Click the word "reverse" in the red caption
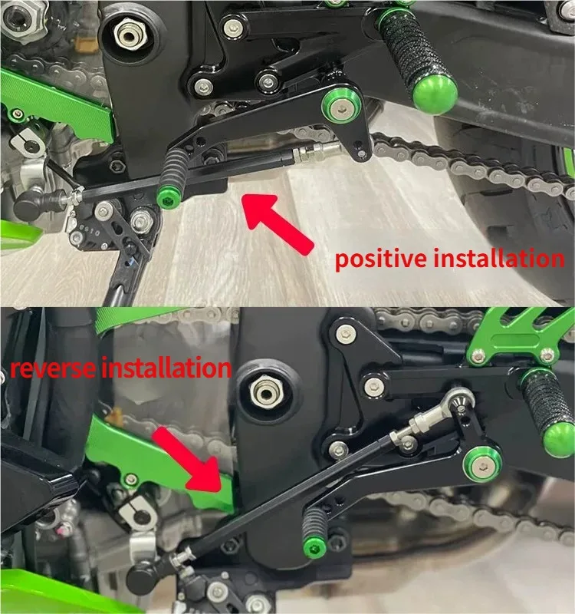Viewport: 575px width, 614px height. pos(52,368)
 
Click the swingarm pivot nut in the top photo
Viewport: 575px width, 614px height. pos(127,36)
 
